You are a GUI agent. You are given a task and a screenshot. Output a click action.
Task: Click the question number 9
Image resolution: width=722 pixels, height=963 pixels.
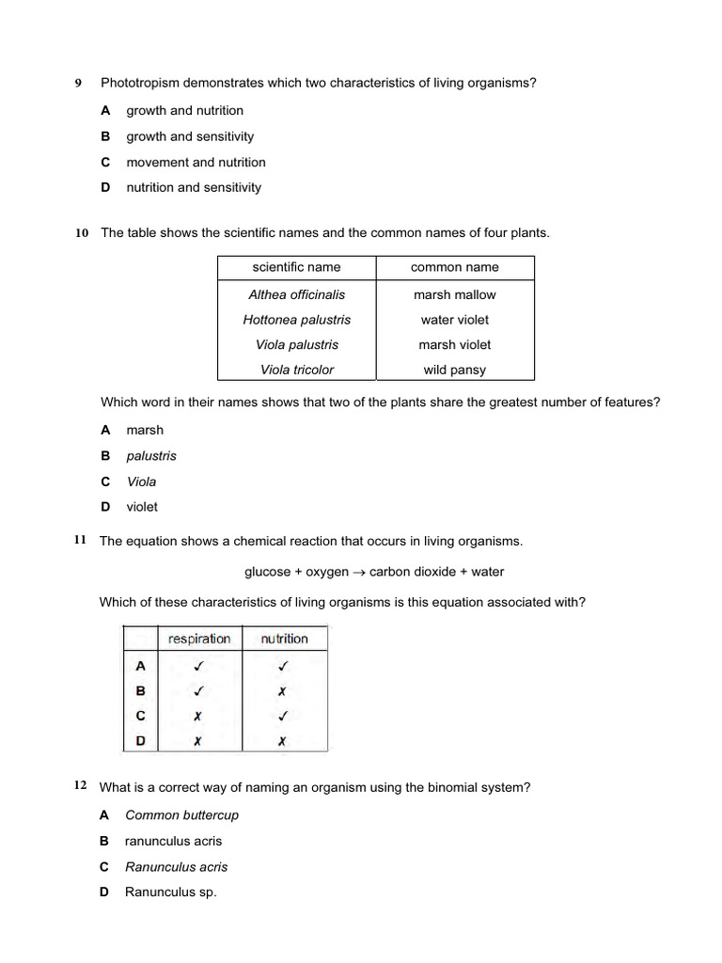[79, 83]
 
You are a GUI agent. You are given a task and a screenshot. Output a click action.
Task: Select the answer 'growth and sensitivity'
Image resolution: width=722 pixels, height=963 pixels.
[190, 136]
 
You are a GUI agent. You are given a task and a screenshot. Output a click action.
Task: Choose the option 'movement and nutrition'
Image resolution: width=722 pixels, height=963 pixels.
[196, 162]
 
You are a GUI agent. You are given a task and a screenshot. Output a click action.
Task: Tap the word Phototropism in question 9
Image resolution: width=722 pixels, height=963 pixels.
[140, 83]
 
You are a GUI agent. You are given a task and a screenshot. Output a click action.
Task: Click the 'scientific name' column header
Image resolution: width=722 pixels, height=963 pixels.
[296, 267]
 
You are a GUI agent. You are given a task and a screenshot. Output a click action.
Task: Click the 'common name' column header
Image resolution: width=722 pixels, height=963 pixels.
[455, 267]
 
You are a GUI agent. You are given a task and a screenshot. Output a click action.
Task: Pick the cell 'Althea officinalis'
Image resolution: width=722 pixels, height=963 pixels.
[296, 294]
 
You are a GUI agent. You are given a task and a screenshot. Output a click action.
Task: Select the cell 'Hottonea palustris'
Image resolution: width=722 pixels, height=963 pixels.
[296, 320]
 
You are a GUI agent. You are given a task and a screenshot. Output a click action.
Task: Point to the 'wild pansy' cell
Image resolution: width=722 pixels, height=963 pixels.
[455, 370]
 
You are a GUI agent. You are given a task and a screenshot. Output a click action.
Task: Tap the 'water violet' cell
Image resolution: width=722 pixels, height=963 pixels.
[455, 320]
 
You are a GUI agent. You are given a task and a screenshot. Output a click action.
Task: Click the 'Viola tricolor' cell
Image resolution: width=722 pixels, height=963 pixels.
[296, 370]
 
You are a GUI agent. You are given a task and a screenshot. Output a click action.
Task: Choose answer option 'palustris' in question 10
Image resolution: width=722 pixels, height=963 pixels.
[151, 456]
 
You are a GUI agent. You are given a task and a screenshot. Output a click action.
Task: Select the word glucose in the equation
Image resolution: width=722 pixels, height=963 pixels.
[268, 572]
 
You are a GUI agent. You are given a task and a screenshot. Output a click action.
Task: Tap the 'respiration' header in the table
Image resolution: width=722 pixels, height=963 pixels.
[199, 639]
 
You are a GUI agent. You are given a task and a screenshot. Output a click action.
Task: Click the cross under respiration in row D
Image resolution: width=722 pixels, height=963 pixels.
[197, 741]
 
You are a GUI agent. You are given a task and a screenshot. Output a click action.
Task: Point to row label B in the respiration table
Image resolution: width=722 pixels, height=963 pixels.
[141, 690]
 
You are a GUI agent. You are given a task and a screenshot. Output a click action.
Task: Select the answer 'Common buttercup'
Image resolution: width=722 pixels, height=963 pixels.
[181, 815]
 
